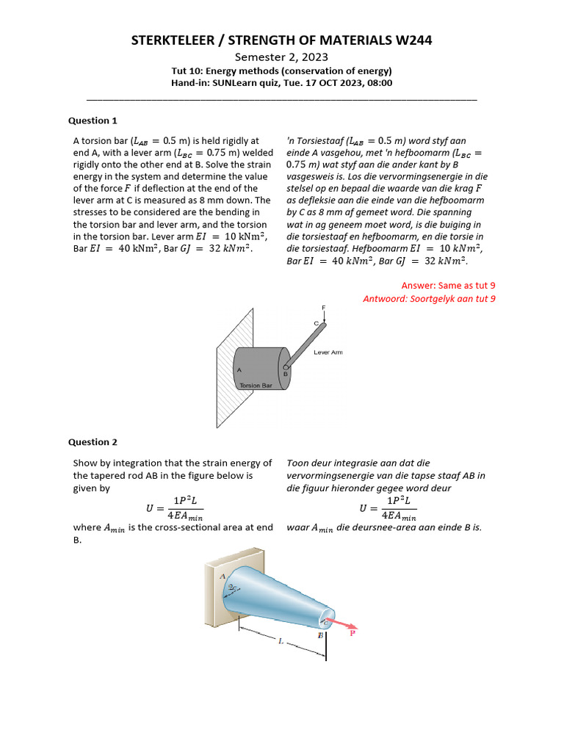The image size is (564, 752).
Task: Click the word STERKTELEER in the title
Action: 173,40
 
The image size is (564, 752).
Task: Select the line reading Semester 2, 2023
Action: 281,57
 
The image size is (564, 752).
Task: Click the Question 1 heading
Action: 93,120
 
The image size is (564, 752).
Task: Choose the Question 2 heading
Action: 93,442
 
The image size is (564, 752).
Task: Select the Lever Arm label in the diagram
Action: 328,352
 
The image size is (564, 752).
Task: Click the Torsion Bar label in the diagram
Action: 256,385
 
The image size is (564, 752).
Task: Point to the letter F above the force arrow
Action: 322,307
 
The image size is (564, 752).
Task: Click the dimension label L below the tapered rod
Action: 280,641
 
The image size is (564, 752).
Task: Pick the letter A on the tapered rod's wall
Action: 223,576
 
